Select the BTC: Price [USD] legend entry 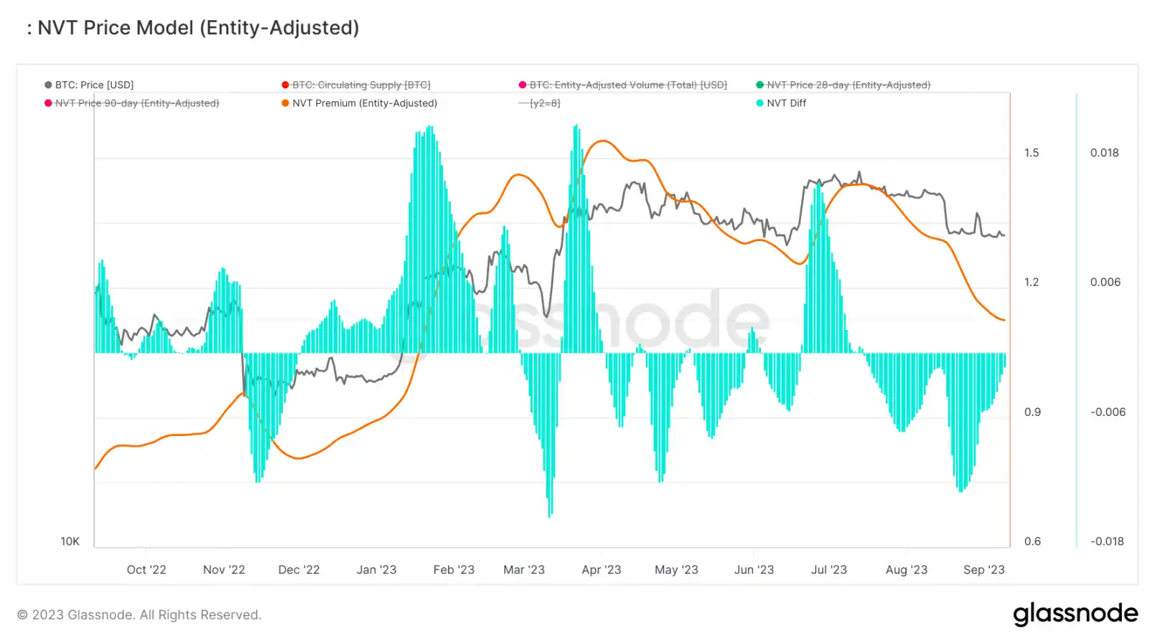pyautogui.click(x=94, y=85)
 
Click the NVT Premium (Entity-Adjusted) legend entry pyautogui.click(x=364, y=103)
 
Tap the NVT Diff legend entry pyautogui.click(x=785, y=103)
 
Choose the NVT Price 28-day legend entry pyautogui.click(x=848, y=85)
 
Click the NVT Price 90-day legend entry pyautogui.click(x=136, y=103)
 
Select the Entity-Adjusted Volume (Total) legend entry pyautogui.click(x=627, y=85)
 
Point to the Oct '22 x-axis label pyautogui.click(x=146, y=569)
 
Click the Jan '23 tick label pyautogui.click(x=376, y=569)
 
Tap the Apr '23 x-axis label pyautogui.click(x=602, y=569)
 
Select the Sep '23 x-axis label pyautogui.click(x=983, y=569)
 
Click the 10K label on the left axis pyautogui.click(x=70, y=541)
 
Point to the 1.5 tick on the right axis pyautogui.click(x=1032, y=153)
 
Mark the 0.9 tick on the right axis pyautogui.click(x=1032, y=412)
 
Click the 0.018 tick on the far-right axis pyautogui.click(x=1104, y=153)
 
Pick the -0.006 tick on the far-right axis pyautogui.click(x=1108, y=412)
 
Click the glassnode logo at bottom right pyautogui.click(x=1075, y=614)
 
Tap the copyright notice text pyautogui.click(x=139, y=615)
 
